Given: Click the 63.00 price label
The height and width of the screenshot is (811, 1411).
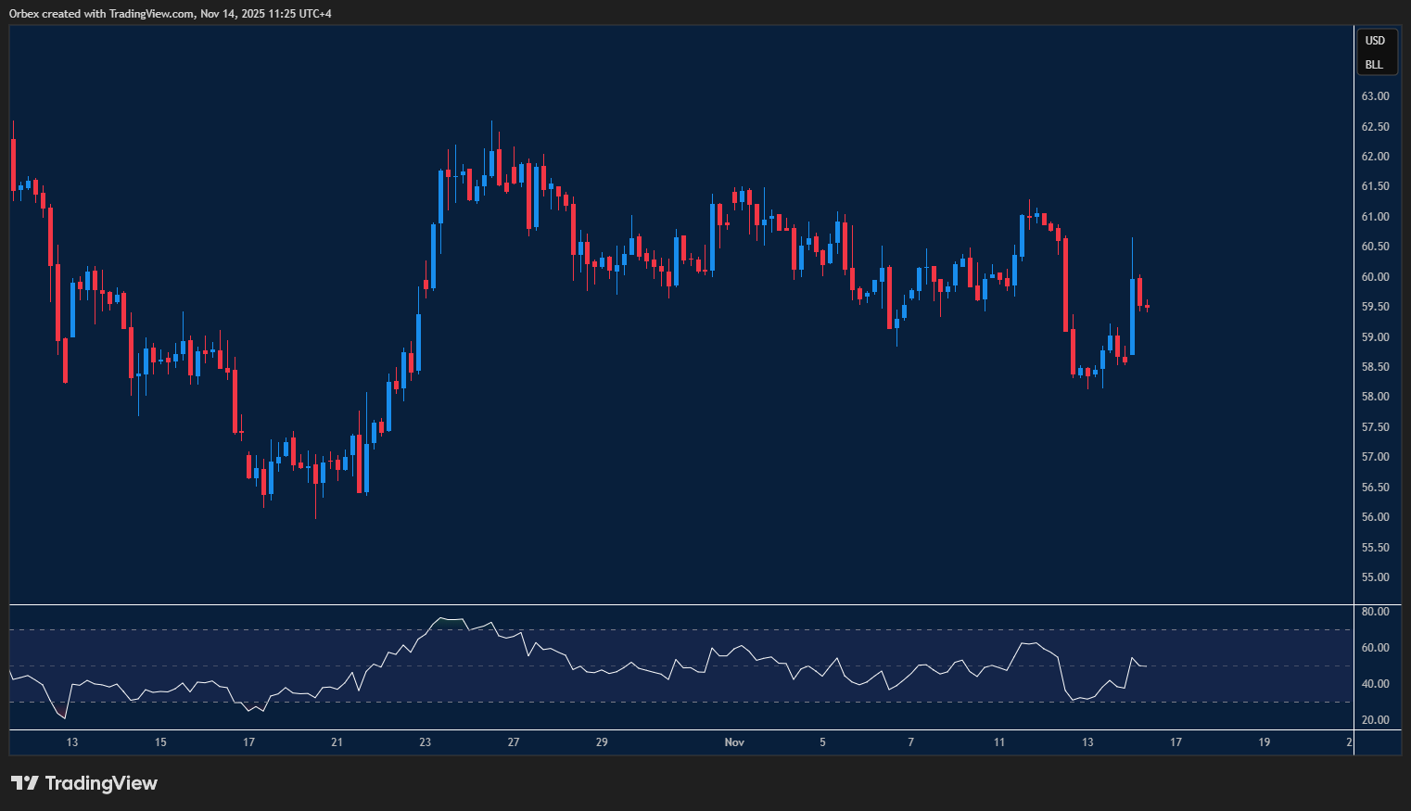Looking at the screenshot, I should click(x=1375, y=96).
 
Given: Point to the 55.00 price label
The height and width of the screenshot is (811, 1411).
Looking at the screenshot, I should click(x=1375, y=577).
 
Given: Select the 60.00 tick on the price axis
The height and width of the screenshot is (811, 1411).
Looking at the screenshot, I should click(x=1375, y=277).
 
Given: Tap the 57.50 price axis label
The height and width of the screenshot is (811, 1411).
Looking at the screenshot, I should click(x=1375, y=427).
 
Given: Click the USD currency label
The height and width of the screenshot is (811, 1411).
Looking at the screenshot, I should click(x=1375, y=41).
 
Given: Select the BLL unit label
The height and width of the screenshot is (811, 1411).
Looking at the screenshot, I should click(x=1374, y=65).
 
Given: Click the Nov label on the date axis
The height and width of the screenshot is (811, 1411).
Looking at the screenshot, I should click(x=734, y=742).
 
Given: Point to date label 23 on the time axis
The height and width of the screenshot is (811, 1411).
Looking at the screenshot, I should click(x=425, y=742).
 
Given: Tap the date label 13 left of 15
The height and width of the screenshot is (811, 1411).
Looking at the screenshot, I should click(x=72, y=742).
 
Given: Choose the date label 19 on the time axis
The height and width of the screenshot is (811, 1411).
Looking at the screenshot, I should click(x=1264, y=742).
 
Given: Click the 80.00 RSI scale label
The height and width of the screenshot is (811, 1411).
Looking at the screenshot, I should click(x=1375, y=612).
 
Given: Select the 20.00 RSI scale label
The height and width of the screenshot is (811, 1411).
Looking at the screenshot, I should click(x=1375, y=720).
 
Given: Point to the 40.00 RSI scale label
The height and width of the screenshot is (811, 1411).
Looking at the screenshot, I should click(x=1375, y=684).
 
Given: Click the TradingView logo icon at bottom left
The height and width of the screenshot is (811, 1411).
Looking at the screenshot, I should click(x=25, y=783).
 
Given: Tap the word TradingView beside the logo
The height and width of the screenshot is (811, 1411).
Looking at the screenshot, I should click(x=101, y=783).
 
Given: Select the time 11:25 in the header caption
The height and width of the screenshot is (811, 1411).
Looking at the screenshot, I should click(x=279, y=14).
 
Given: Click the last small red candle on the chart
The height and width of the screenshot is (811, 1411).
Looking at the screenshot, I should click(x=1147, y=306).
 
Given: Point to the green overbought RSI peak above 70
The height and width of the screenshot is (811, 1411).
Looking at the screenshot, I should click(x=451, y=620).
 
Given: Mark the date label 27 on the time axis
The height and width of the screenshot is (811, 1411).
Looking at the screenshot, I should click(x=514, y=742).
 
